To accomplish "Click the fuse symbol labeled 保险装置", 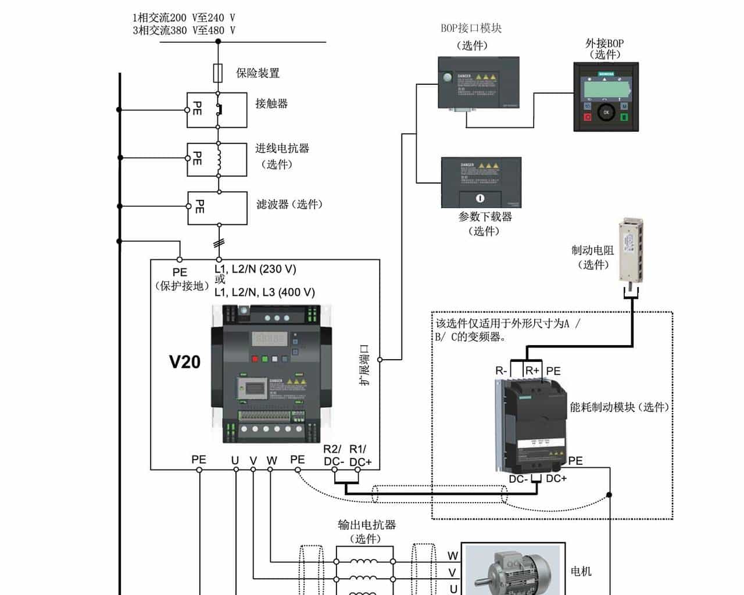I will click(x=218, y=73).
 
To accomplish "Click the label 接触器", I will click(x=271, y=103).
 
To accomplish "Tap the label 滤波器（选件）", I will click(x=289, y=205).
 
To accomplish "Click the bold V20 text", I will click(x=185, y=362).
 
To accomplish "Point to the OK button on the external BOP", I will click(x=606, y=112).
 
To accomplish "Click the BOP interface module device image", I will click(x=478, y=83).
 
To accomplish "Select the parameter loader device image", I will click(x=481, y=182).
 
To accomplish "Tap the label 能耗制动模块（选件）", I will click(x=619, y=407).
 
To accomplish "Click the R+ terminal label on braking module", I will click(x=532, y=371).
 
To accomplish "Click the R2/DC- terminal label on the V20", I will click(x=333, y=455).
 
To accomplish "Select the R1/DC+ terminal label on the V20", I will click(x=359, y=455).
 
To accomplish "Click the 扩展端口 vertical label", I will click(x=364, y=365).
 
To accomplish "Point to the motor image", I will click(x=512, y=570).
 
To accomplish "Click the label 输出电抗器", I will click(x=366, y=525).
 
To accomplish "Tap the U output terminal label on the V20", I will click(x=235, y=460).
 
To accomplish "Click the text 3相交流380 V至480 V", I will click(x=184, y=30).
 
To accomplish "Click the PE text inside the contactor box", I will click(x=197, y=108).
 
